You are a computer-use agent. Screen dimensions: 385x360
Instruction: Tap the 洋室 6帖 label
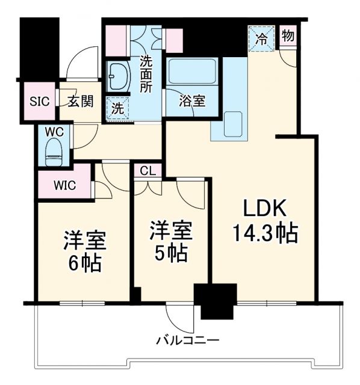pyautogui.click(x=85, y=251)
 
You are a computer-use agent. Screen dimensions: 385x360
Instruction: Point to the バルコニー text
pyautogui.click(x=188, y=340)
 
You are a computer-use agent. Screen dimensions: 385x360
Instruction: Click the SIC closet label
pyautogui.click(x=39, y=101)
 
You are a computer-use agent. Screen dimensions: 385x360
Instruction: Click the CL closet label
pyautogui.click(x=147, y=171)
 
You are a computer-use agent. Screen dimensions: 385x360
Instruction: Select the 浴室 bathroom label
pyautogui.click(x=192, y=101)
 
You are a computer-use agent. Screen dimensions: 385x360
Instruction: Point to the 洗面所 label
pyautogui.click(x=146, y=73)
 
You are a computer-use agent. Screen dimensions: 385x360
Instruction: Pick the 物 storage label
pyautogui.click(x=288, y=35)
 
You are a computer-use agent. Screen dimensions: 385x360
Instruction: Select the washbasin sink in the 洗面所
pyautogui.click(x=118, y=77)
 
